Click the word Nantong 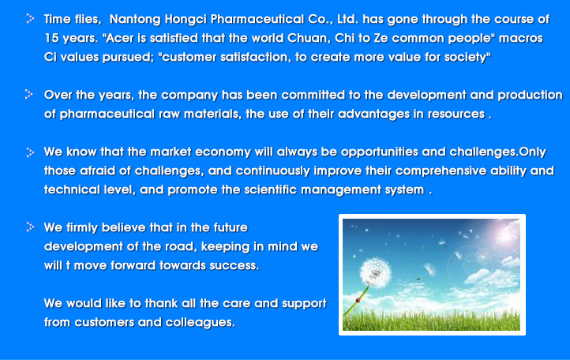tap(135, 20)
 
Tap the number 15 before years tap(51, 38)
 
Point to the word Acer tap(120, 38)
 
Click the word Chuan tap(308, 38)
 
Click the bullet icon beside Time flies tap(30, 18)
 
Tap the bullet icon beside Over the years tap(28, 94)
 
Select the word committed tap(313, 95)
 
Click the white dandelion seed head tap(375, 273)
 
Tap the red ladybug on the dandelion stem tap(358, 300)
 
